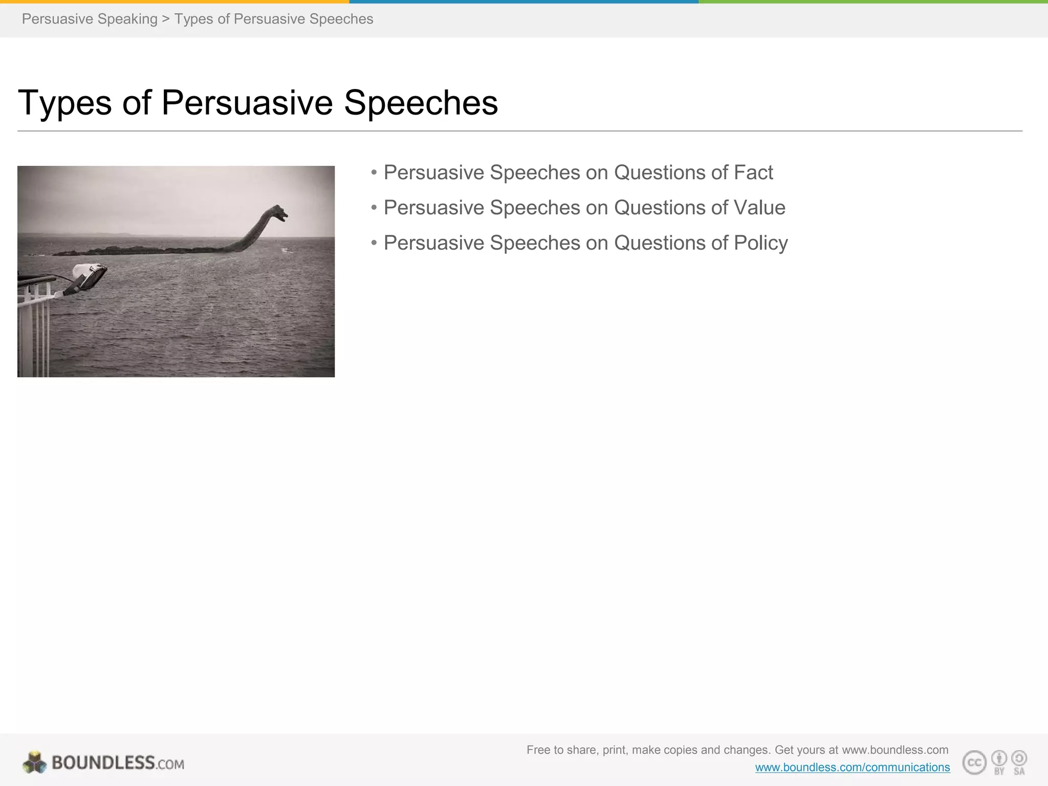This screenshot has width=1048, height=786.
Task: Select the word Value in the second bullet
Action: [759, 208]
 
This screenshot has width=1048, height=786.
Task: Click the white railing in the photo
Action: [34, 327]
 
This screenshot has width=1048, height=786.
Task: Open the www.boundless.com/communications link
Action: [852, 768]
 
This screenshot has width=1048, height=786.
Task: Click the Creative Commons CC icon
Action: [974, 762]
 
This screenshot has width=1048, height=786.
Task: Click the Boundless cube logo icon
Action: [34, 763]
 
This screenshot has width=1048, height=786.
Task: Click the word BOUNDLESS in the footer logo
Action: [103, 763]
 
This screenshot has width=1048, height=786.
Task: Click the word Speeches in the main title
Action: [421, 102]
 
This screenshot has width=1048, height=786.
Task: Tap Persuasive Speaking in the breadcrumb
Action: [90, 19]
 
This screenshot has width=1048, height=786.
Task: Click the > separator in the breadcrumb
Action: [165, 19]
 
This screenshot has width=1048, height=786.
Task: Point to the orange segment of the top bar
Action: [174, 2]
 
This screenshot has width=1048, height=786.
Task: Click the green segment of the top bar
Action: [873, 2]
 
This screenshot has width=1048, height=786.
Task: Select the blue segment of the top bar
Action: [524, 2]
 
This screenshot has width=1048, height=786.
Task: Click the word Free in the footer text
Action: [538, 750]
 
